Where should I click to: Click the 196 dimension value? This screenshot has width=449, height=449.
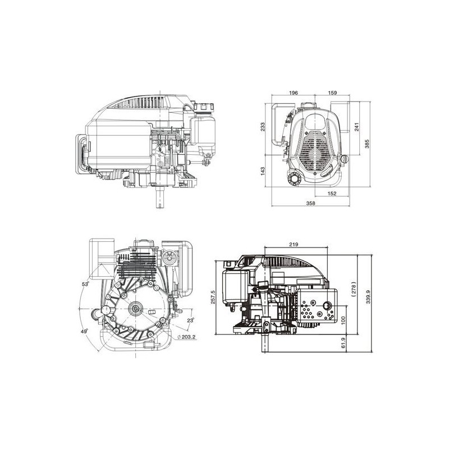tap(294, 93)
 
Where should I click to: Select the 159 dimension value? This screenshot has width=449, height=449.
tap(332, 93)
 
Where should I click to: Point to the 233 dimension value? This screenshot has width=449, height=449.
tap(263, 127)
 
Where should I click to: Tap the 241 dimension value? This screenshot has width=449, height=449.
tap(357, 127)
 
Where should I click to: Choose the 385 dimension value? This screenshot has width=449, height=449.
tap(367, 144)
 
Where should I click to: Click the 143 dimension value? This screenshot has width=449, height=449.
tap(263, 171)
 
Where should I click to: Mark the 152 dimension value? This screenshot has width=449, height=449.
tap(332, 194)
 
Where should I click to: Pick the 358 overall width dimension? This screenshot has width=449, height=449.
tap(310, 203)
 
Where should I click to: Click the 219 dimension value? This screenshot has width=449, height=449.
tap(294, 244)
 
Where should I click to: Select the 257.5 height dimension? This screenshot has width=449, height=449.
tap(213, 297)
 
